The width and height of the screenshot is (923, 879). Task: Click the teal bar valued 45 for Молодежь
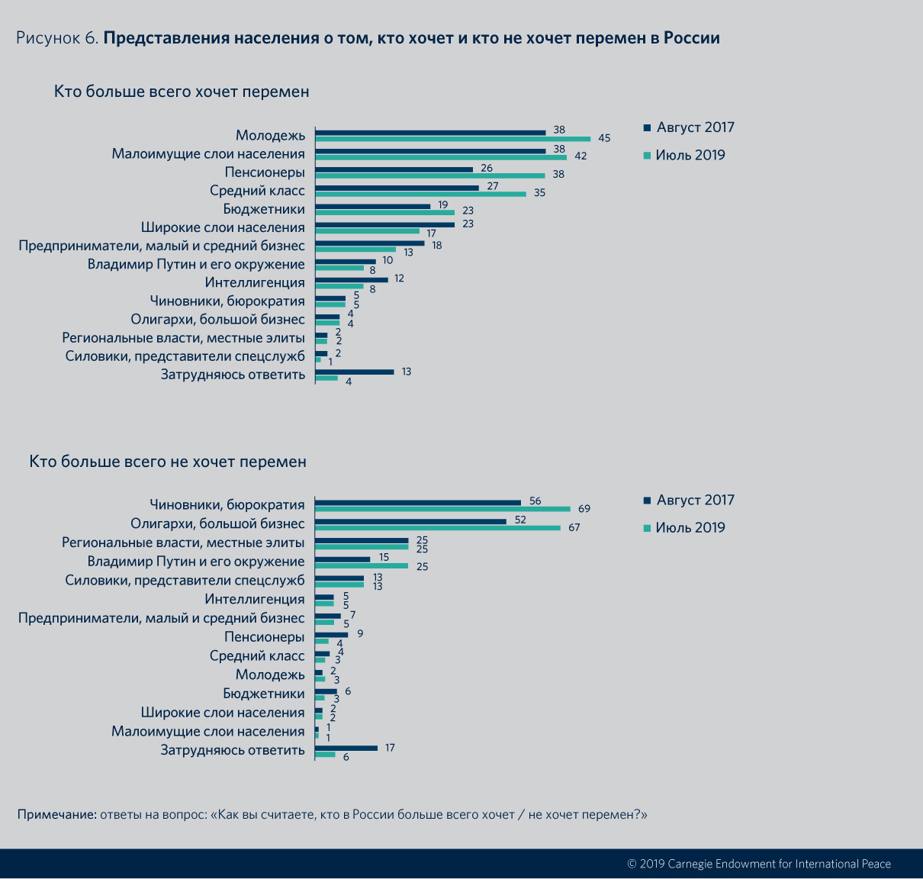pyautogui.click(x=452, y=139)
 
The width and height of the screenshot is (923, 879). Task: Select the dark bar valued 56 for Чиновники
pyautogui.click(x=418, y=502)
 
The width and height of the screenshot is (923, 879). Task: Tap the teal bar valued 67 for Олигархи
pyautogui.click(x=437, y=527)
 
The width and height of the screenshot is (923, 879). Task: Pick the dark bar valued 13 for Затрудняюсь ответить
pyautogui.click(x=355, y=372)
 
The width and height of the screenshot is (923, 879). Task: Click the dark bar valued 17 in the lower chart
pyautogui.click(x=346, y=748)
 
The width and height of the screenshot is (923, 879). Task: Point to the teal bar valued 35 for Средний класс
pyautogui.click(x=420, y=194)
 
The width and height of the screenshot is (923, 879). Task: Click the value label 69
pyautogui.click(x=584, y=509)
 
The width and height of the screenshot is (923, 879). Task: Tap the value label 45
pyautogui.click(x=604, y=138)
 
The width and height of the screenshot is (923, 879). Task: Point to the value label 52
pyautogui.click(x=520, y=520)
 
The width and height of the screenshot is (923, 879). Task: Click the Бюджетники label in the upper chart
pyautogui.click(x=264, y=209)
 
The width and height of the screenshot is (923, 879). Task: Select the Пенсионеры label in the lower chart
pyautogui.click(x=264, y=637)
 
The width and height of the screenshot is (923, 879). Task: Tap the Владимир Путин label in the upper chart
pyautogui.click(x=196, y=264)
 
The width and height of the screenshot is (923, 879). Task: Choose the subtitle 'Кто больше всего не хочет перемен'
pyautogui.click(x=168, y=462)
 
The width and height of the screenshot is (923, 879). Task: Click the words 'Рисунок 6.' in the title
pyautogui.click(x=57, y=38)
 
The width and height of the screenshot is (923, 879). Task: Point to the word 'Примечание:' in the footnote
pyautogui.click(x=56, y=814)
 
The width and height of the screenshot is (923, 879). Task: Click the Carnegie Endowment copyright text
pyautogui.click(x=758, y=864)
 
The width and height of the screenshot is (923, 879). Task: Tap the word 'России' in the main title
pyautogui.click(x=691, y=38)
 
